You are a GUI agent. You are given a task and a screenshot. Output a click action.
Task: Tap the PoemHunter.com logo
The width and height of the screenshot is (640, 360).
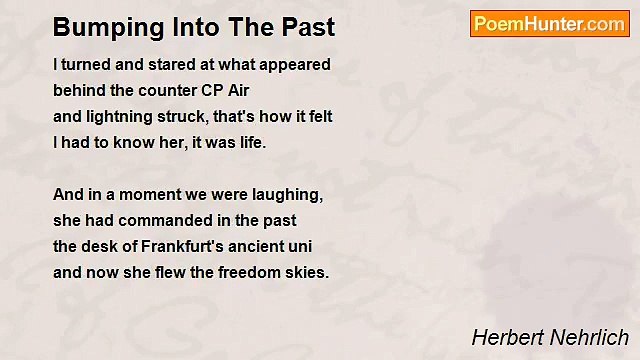[549, 24]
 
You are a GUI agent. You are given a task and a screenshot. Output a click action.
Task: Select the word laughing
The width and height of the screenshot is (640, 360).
[289, 194]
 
